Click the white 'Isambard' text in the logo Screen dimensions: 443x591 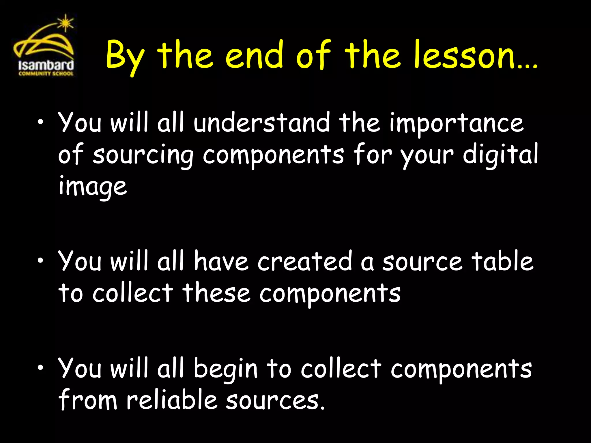point(46,65)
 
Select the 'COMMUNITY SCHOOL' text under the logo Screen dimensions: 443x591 point(46,74)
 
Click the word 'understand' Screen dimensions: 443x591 point(261,123)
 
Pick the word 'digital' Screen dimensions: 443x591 point(500,154)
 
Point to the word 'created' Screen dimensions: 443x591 point(305,261)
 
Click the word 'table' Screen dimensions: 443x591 point(502,261)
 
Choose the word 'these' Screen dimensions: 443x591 point(216,293)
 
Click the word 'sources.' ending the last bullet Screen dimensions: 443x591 point(275,401)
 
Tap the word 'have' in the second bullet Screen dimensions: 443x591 point(221,261)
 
